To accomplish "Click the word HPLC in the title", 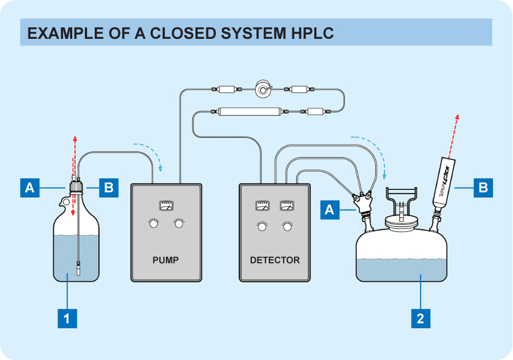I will pos(309,33).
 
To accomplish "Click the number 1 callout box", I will pos(67,318).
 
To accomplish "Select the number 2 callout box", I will pos(420,318).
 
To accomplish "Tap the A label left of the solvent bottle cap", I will pos(30,188).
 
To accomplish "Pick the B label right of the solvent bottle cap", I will pos(108,188).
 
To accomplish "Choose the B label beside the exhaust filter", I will pos(483,188).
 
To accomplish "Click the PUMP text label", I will pos(165,260).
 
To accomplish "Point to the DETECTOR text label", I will pos(275,260).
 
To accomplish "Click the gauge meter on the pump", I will pos(165,206).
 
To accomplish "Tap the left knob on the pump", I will pos(153,224).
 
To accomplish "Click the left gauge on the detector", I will pos(262,206).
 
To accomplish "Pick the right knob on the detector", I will pos(287,225).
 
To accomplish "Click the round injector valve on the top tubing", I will pos(264,89).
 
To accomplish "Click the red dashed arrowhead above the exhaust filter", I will pos(457,118).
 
